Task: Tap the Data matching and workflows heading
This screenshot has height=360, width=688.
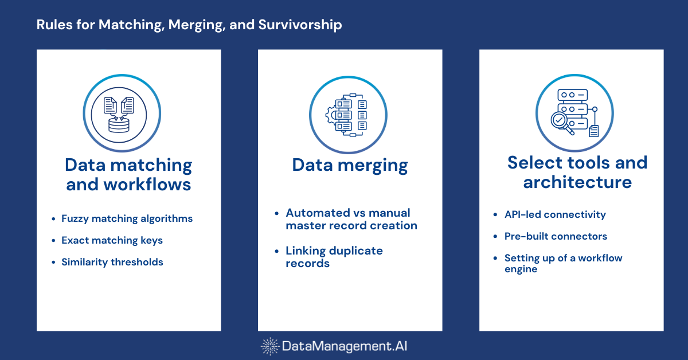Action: coord(128,175)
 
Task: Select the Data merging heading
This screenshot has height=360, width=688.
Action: coord(350,165)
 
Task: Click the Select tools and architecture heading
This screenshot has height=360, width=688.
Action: coord(577,172)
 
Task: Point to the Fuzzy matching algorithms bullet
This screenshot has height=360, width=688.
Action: coord(127,218)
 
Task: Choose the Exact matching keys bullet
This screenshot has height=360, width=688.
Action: coord(112,240)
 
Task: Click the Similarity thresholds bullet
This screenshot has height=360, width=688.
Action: coord(112,262)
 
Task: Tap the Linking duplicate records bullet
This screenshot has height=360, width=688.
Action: coord(334,257)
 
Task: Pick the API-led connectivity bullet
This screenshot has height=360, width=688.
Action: coord(555,214)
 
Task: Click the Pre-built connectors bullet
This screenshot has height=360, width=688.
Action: coord(556,236)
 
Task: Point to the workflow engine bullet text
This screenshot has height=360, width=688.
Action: coord(563,263)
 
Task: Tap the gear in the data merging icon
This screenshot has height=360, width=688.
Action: coord(331,115)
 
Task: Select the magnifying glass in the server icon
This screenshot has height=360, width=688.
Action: coord(560,122)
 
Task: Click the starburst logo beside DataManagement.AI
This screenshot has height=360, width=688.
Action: coord(270,346)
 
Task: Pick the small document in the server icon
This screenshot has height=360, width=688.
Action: coord(593,131)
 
